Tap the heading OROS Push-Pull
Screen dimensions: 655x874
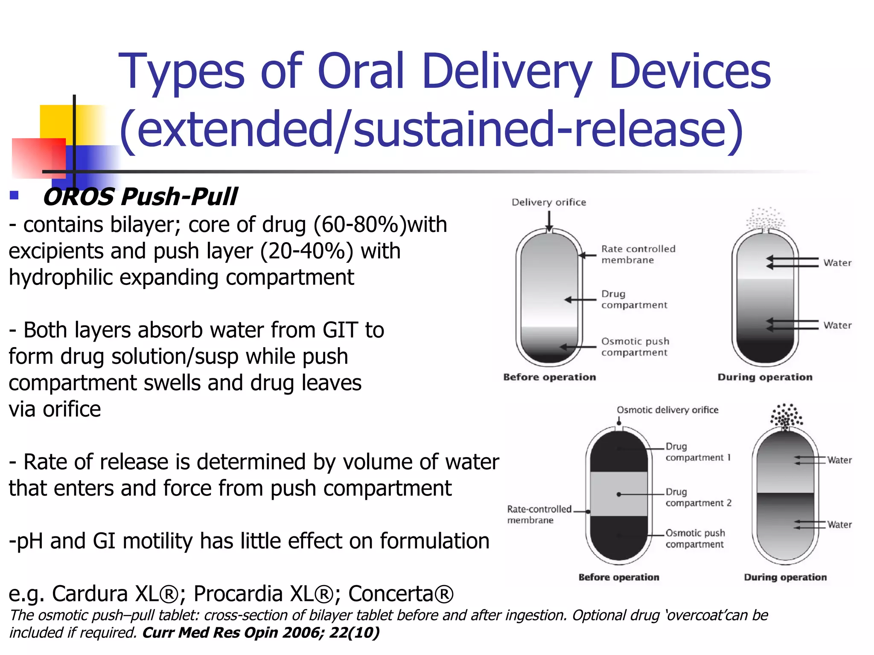[x=140, y=197]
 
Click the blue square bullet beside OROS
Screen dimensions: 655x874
[x=14, y=195]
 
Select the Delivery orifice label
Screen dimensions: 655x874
[x=549, y=202]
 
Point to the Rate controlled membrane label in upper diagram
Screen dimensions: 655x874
[x=638, y=254]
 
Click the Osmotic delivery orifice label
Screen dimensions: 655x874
[x=667, y=410]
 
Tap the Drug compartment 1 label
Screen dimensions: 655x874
[x=698, y=452]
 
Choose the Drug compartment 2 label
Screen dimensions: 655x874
[x=698, y=497]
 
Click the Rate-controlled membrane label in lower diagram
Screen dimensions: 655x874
[x=539, y=514]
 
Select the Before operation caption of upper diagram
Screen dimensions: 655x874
[x=549, y=377]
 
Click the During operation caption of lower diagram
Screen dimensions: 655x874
[x=785, y=577]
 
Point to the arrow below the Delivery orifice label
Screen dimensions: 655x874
[x=549, y=221]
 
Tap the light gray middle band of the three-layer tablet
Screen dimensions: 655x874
[x=619, y=494]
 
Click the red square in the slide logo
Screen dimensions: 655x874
[x=38, y=158]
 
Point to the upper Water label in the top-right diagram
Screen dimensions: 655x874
[x=837, y=263]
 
